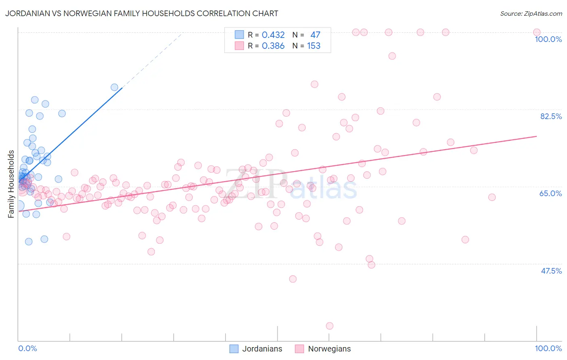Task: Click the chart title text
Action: click(142, 13)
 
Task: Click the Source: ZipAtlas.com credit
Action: click(531, 14)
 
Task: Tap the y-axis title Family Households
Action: click(11, 184)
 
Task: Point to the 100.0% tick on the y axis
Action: click(548, 39)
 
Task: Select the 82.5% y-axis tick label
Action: click(551, 116)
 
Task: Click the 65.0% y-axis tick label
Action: click(550, 193)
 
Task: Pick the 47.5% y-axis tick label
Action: click(551, 271)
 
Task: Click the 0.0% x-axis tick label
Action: click(27, 348)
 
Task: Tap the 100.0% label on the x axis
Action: click(548, 348)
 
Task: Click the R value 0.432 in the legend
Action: click(273, 35)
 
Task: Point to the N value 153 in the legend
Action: click(314, 46)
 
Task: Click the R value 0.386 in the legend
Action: click(273, 46)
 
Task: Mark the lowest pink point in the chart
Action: click(329, 326)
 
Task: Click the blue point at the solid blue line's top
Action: click(115, 87)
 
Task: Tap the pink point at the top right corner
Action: click(537, 32)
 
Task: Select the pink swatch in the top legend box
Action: click(240, 46)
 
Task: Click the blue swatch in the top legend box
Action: click(240, 35)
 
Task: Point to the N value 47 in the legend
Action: click(315, 35)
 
